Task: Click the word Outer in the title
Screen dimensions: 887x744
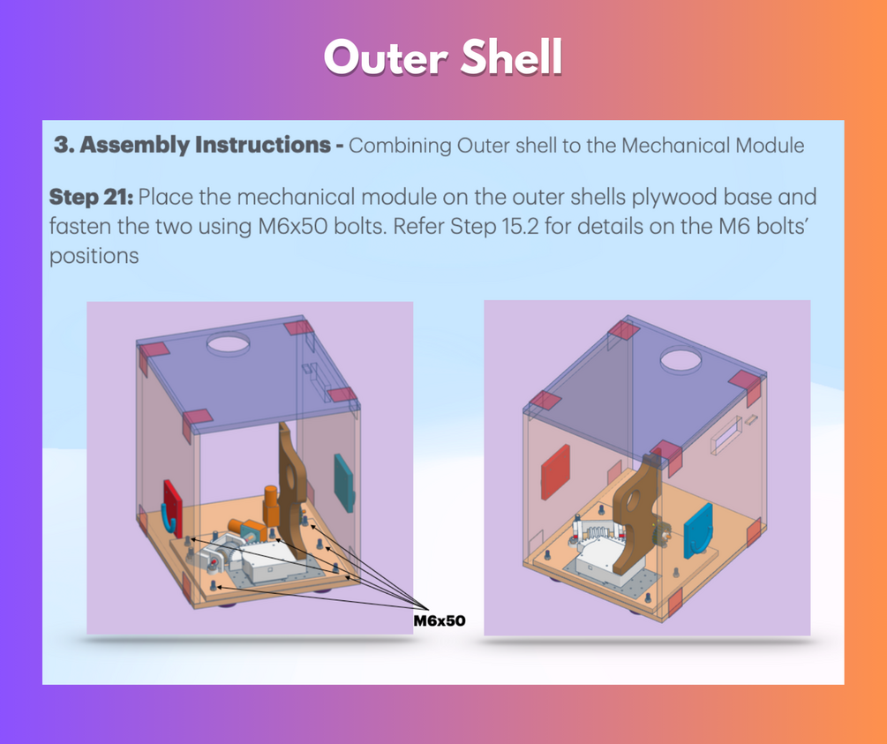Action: [x=387, y=57]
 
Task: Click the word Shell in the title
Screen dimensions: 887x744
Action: [x=512, y=57]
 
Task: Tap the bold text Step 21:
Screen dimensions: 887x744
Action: [x=91, y=198]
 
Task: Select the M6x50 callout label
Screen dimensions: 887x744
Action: [x=440, y=620]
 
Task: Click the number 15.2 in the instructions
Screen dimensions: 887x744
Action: [x=521, y=226]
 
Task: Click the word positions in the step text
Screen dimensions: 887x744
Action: [x=94, y=256]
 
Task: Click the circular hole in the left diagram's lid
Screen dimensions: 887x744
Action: [x=228, y=342]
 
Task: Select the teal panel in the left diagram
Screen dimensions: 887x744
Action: [x=343, y=484]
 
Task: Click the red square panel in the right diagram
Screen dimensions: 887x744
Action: [x=555, y=472]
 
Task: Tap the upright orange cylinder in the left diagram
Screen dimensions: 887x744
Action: [x=271, y=506]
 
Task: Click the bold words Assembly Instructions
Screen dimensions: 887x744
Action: [x=206, y=145]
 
